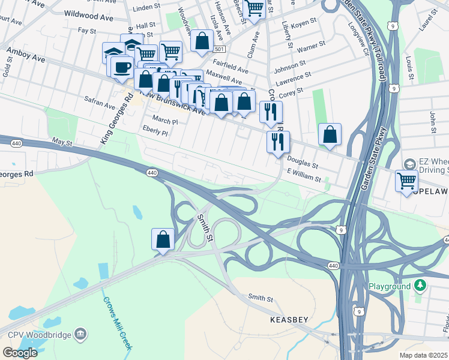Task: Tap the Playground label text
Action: [389, 287]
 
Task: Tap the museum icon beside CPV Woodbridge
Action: [80, 334]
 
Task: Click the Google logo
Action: [20, 352]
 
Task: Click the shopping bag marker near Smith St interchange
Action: [163, 239]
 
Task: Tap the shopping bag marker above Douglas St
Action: [330, 134]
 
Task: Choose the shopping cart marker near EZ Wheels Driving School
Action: [406, 180]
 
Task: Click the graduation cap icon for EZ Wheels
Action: [409, 164]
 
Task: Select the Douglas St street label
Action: [302, 160]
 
